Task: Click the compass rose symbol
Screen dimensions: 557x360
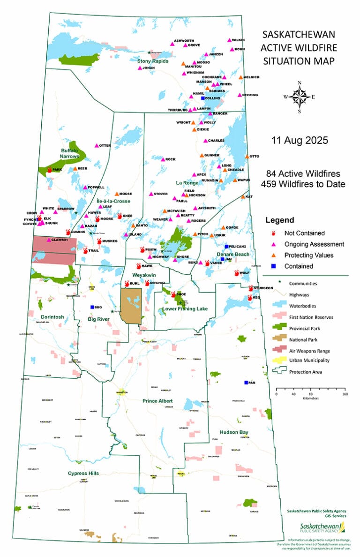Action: point(299,98)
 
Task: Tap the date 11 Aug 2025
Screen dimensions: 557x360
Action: point(299,140)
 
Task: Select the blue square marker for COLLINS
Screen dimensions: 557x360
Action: point(203,98)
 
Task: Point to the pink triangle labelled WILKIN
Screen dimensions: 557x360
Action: point(229,40)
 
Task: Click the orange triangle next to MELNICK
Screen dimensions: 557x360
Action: point(240,77)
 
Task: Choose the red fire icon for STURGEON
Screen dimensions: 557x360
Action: point(251,288)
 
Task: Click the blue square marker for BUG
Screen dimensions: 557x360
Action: point(92,307)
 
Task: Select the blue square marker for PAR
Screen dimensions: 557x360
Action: point(246,383)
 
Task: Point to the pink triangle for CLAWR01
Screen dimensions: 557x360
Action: point(49,240)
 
